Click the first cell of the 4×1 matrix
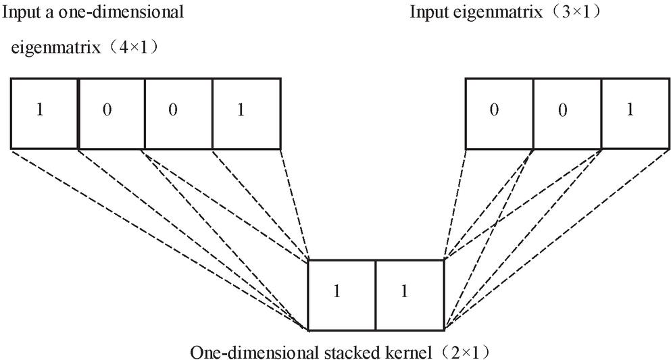(45, 113)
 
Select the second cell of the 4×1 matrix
(111, 113)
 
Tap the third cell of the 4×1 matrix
(178, 113)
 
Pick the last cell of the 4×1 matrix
(246, 113)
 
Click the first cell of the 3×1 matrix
(499, 113)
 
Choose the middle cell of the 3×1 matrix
(567, 113)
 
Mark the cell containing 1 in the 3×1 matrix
(635, 113)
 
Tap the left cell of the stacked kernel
(342, 294)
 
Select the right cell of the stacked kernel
(410, 294)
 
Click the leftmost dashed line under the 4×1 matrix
(155, 236)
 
